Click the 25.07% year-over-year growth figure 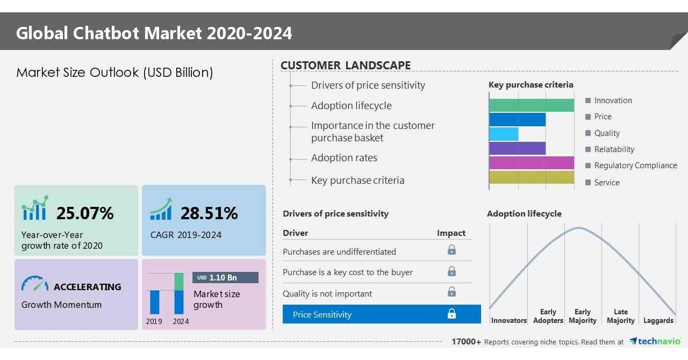(85, 213)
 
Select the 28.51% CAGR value (209, 213)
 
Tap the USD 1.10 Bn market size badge (225, 277)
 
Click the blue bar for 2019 (155, 302)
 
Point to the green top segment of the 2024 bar (179, 282)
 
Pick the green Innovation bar (531, 105)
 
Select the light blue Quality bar (504, 134)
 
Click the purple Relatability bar (517, 149)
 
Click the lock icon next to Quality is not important (451, 292)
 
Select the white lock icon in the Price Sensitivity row (451, 314)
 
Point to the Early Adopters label (548, 316)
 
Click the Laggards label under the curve (658, 320)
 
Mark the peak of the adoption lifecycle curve (578, 228)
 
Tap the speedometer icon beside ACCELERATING (35, 284)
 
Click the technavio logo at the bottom (655, 342)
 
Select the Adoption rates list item (344, 158)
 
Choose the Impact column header (451, 233)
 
